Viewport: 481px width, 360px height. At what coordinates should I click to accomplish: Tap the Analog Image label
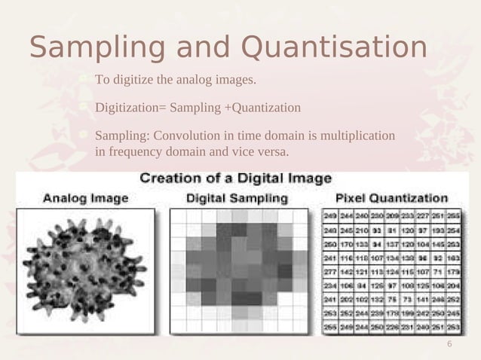coord(84,199)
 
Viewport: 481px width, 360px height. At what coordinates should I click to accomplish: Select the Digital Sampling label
coord(236,199)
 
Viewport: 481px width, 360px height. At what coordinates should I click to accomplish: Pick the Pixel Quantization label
coord(392,199)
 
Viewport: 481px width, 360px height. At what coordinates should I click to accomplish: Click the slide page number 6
coord(449,344)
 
